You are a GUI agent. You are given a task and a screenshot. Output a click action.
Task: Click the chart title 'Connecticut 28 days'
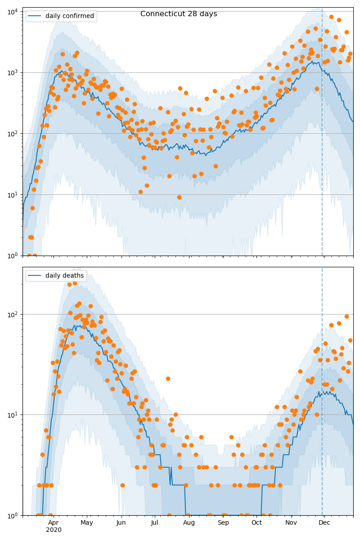179,14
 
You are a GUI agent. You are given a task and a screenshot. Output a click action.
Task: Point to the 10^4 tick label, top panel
12,11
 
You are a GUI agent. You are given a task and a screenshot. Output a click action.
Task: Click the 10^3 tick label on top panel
12,72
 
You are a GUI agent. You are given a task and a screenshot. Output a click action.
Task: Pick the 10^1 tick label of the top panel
12,194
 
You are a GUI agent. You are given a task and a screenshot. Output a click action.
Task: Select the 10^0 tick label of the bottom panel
12,515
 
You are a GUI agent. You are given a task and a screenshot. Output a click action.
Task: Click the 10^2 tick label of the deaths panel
12,314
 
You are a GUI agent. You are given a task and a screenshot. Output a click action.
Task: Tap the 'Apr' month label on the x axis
54,522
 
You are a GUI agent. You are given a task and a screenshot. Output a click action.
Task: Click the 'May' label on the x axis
87,522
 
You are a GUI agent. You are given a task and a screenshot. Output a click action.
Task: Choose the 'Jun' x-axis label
121,522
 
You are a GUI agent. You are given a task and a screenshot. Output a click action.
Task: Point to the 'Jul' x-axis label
154,522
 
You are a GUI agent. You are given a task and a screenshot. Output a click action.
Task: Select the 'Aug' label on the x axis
189,522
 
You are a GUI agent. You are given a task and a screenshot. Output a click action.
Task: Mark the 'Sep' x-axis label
223,522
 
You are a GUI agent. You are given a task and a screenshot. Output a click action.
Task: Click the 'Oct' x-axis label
256,522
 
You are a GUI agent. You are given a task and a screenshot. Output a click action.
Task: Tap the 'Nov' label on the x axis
291,522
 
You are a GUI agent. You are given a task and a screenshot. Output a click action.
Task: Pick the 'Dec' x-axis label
324,522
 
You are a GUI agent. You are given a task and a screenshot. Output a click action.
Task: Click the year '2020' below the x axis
54,530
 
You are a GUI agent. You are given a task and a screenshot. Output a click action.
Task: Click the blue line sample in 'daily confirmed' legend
36,16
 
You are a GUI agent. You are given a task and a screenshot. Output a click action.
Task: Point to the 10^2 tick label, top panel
12,134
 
